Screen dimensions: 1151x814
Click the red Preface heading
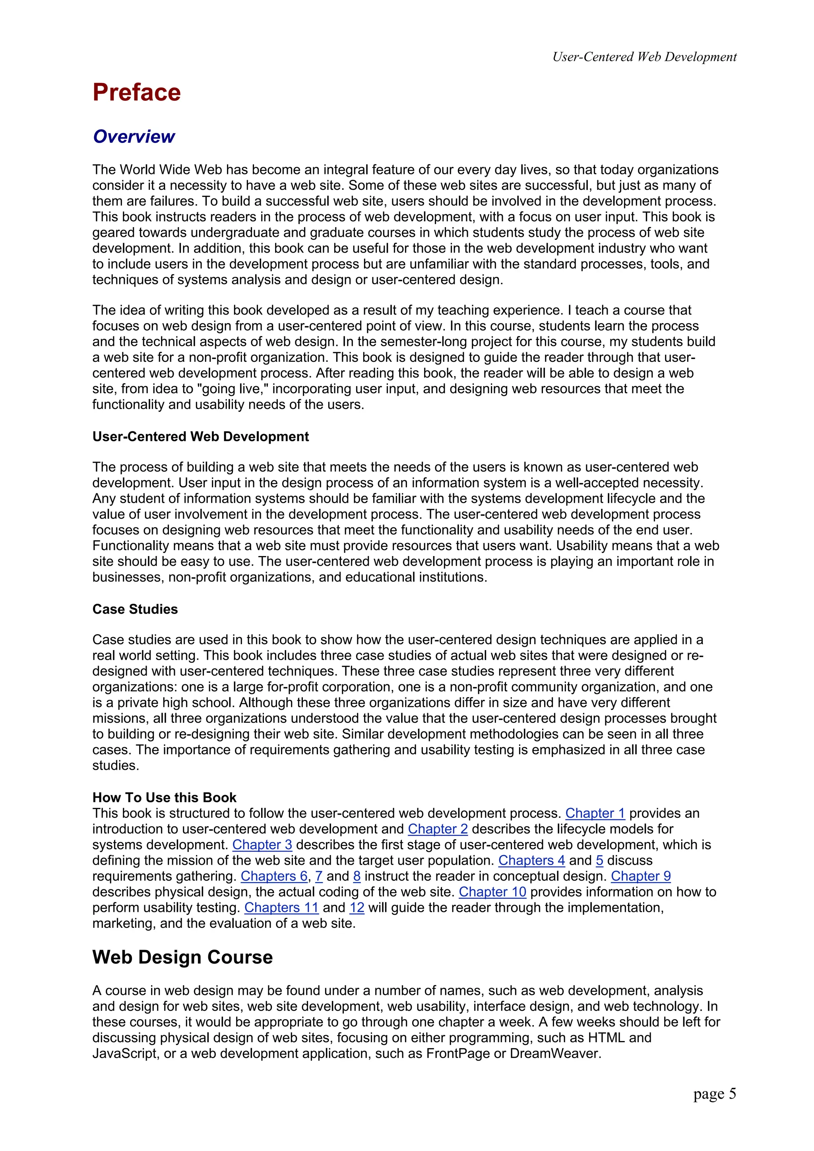(x=136, y=93)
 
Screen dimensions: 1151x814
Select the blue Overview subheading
(x=134, y=136)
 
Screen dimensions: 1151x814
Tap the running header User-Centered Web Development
(x=644, y=57)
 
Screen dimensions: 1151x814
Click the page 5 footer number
(x=714, y=1093)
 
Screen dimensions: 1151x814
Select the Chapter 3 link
(x=262, y=845)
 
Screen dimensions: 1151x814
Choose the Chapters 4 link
(x=531, y=860)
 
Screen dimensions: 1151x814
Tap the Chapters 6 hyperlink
(x=274, y=876)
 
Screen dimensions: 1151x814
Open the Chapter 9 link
(x=640, y=876)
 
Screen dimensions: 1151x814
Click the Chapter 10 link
(x=492, y=892)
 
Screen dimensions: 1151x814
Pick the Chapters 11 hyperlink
(x=281, y=908)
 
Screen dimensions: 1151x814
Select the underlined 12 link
(x=357, y=908)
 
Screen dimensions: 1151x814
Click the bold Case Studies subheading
(x=135, y=609)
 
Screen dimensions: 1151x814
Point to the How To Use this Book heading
(x=164, y=798)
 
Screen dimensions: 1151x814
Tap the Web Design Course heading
(x=182, y=957)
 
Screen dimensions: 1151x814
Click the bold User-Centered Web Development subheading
(x=201, y=436)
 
